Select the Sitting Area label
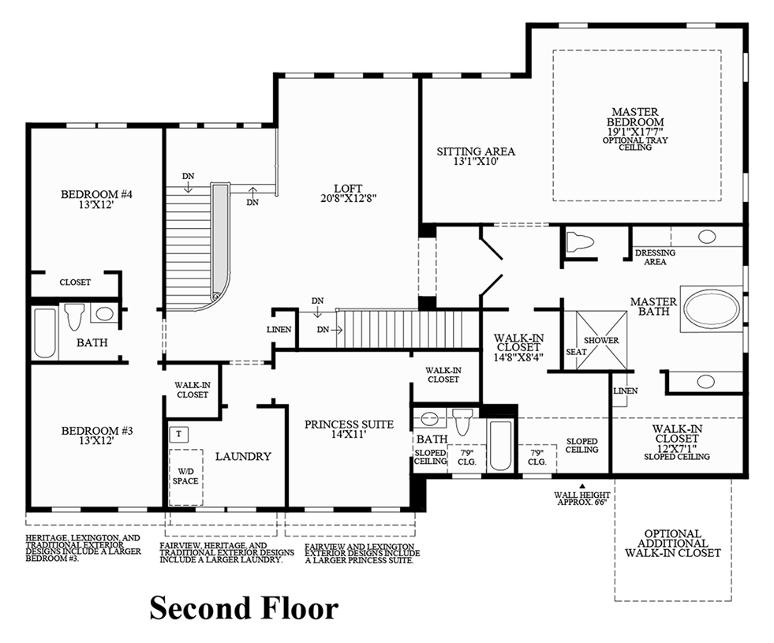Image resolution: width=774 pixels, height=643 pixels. pos(476,151)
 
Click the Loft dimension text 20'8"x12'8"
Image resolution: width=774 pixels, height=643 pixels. pos(347,199)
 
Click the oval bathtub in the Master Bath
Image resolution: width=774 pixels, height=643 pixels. pos(712,308)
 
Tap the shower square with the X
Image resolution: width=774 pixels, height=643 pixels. pos(600,340)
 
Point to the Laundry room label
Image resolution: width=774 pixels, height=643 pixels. pos(243,456)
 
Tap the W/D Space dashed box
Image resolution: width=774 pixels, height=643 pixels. pos(185,477)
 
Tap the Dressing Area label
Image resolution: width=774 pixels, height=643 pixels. pos(655,257)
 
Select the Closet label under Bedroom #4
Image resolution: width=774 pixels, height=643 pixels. pos(75,282)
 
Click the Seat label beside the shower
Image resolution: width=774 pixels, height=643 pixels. pos(575,352)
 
